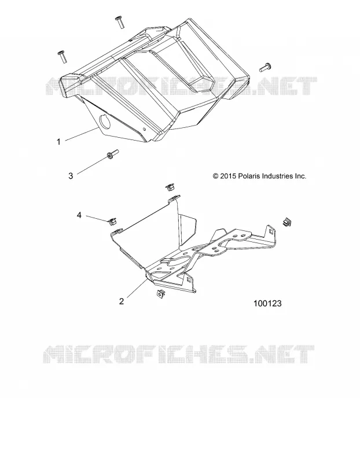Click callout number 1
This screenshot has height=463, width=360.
pyautogui.click(x=58, y=142)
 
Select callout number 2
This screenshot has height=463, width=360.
pyautogui.click(x=122, y=301)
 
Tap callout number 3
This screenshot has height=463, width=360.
pyautogui.click(x=71, y=176)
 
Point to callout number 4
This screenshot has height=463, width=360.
pyautogui.click(x=79, y=215)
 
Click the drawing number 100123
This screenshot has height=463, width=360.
pyautogui.click(x=267, y=303)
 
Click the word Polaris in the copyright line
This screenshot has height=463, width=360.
pyautogui.click(x=248, y=176)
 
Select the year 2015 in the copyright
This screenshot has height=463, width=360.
pyautogui.click(x=228, y=177)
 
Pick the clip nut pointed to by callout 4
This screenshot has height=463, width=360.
pyautogui.click(x=112, y=221)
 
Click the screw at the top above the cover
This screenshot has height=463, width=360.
pyautogui.click(x=120, y=22)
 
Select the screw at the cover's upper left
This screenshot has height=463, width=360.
pyautogui.click(x=63, y=56)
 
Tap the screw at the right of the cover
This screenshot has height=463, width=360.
pyautogui.click(x=265, y=68)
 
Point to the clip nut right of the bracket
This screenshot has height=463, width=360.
pyautogui.click(x=286, y=222)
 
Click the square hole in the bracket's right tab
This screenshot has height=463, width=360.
pyautogui.click(x=270, y=230)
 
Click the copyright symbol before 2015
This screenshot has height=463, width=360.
pyautogui.click(x=215, y=177)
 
